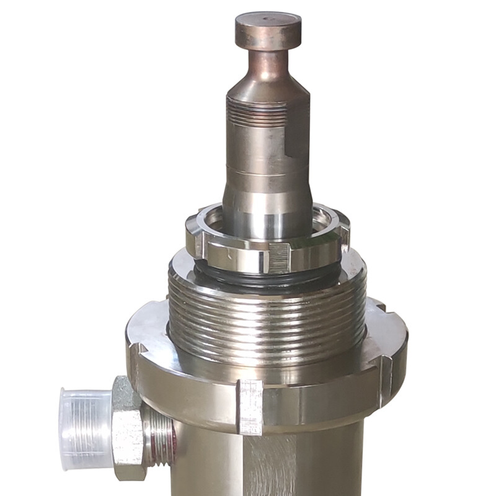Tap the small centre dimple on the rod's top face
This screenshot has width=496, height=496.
pos(269,19)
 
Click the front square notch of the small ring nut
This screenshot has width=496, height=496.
pos(278,258)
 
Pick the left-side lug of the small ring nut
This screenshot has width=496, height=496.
pos(193,239)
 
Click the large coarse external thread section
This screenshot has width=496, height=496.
pos(267,322)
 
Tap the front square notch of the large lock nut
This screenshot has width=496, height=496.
pos(250,406)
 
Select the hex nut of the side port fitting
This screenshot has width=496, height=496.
pos(128,428)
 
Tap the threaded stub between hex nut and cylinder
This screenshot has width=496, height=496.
pos(160,434)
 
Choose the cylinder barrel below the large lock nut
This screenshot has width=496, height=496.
pos(298,465)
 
